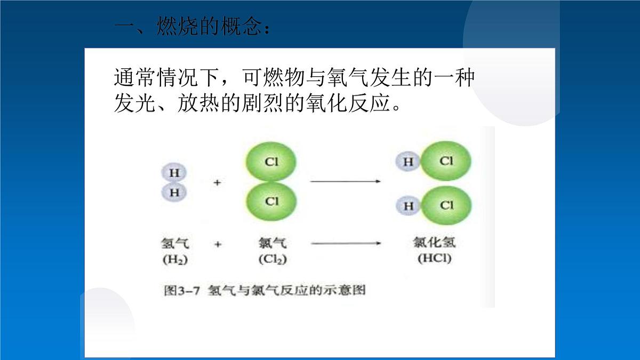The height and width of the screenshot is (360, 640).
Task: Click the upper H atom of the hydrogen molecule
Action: (x=174, y=173)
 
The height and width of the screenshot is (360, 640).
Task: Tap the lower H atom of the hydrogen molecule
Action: (x=174, y=193)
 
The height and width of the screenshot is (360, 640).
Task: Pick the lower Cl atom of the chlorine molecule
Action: (x=271, y=201)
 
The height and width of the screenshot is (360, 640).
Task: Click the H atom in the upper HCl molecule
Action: (x=408, y=162)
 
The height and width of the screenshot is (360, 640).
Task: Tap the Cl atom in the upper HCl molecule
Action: (x=446, y=161)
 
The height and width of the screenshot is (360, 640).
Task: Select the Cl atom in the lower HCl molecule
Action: (x=446, y=205)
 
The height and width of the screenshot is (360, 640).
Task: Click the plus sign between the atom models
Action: (x=217, y=182)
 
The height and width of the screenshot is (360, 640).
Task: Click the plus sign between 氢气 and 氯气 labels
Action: (x=217, y=244)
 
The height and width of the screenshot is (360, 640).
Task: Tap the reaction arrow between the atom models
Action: (x=345, y=182)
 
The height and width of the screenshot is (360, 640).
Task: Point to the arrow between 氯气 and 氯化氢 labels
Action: (x=345, y=244)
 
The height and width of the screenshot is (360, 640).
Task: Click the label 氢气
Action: (x=174, y=244)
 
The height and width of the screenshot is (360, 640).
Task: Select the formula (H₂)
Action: (x=174, y=260)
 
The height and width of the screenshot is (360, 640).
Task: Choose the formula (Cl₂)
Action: (x=272, y=260)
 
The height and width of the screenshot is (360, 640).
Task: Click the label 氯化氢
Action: (x=434, y=243)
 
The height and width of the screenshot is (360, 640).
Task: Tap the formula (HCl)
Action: (x=434, y=259)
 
